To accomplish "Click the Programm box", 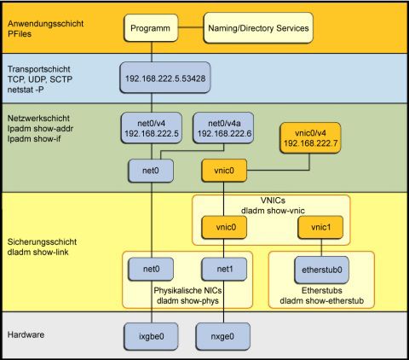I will [152, 28].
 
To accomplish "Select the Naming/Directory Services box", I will [256, 28].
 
